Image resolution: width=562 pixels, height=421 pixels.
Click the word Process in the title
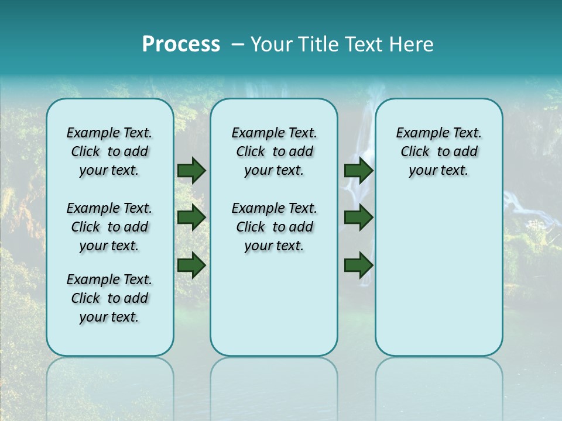tap(181, 44)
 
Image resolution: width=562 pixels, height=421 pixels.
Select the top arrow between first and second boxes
tap(191, 171)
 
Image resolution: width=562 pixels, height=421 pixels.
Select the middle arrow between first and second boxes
tap(191, 218)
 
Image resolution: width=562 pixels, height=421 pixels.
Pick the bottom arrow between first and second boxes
tap(191, 265)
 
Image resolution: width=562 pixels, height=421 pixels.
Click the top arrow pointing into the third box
tap(358, 171)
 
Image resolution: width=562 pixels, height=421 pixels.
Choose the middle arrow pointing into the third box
tap(358, 218)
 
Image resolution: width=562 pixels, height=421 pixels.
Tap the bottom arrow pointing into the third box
tap(358, 265)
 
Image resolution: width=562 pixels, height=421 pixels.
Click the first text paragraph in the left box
tap(109, 151)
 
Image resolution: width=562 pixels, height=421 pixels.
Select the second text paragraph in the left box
tap(109, 227)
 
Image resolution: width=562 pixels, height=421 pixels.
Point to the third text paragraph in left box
tap(109, 298)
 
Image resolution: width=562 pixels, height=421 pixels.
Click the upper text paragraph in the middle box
tap(274, 151)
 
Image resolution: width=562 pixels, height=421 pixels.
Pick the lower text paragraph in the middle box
tap(274, 227)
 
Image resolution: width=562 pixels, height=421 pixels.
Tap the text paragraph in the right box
tap(438, 151)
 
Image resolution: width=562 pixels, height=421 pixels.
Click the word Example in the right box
tap(417, 133)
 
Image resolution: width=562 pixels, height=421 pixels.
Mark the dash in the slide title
tap(238, 44)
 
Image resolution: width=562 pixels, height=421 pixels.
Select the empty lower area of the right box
tap(438, 269)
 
